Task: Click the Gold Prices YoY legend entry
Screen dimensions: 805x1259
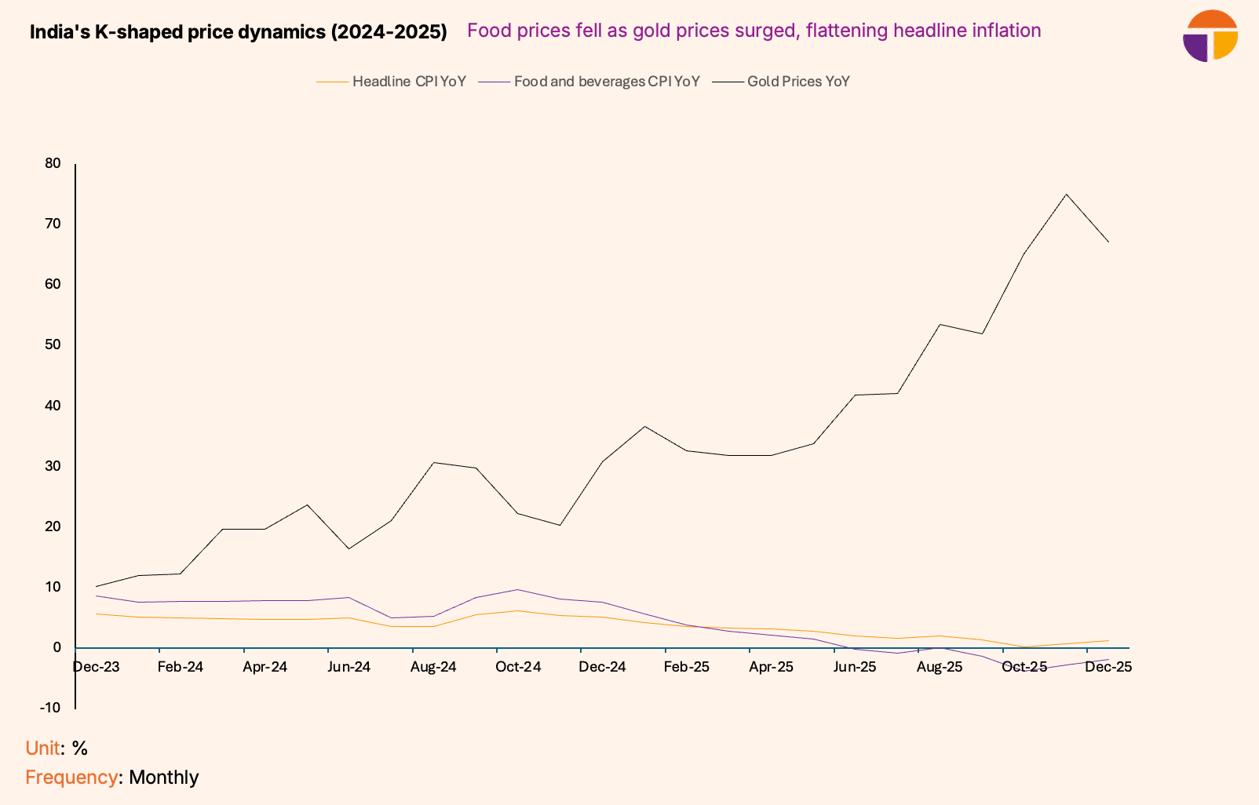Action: click(x=797, y=82)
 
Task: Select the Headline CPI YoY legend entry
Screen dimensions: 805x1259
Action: click(x=408, y=82)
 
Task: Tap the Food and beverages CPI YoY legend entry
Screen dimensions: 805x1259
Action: click(x=606, y=82)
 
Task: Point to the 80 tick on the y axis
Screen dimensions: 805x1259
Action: click(x=53, y=163)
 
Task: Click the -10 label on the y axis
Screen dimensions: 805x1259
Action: click(x=49, y=708)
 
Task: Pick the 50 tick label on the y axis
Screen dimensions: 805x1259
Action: click(x=53, y=344)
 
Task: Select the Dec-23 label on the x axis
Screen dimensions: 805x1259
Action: click(x=96, y=667)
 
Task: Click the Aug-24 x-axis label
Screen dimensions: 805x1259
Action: click(x=433, y=667)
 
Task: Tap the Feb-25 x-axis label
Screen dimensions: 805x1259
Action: click(x=686, y=667)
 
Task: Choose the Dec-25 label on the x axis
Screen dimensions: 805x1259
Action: click(x=1108, y=667)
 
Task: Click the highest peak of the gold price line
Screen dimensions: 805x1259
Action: click(x=1066, y=195)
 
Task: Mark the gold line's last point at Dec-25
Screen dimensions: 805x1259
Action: click(x=1108, y=242)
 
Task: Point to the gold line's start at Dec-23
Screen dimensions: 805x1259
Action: click(x=96, y=586)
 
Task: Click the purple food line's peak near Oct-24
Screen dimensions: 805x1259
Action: click(x=517, y=589)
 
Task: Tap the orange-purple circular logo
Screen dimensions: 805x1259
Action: click(x=1210, y=36)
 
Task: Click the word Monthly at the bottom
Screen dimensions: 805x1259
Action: click(x=163, y=777)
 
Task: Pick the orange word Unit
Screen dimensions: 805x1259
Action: click(x=42, y=748)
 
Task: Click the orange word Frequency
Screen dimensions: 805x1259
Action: click(x=71, y=777)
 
